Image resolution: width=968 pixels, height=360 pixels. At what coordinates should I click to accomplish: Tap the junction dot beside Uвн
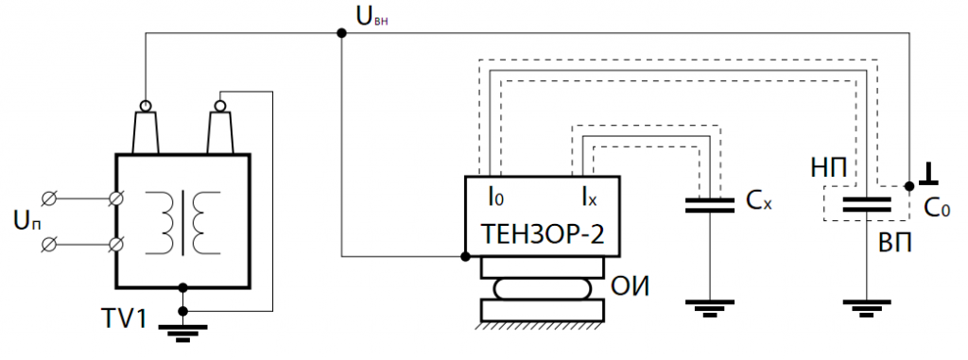coord(341,33)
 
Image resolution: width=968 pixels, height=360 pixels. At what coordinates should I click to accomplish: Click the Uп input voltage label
coord(26,221)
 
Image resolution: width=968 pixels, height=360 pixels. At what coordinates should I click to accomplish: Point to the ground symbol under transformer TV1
coord(182,331)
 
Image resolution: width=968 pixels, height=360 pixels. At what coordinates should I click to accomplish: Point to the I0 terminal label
coord(495,197)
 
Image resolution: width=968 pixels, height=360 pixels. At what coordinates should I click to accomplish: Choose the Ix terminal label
coord(589,197)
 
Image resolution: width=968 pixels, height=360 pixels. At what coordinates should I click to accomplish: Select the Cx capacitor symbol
coord(708,205)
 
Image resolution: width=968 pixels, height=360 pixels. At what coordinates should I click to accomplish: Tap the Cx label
coord(759,201)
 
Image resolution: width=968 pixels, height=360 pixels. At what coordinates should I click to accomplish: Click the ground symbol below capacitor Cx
coord(708,306)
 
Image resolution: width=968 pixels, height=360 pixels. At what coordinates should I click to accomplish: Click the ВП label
coord(893,244)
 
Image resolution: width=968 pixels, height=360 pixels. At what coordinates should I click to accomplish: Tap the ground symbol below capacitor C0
coord(866,306)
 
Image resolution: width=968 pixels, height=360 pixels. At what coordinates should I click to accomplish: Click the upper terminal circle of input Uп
coord(52,198)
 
